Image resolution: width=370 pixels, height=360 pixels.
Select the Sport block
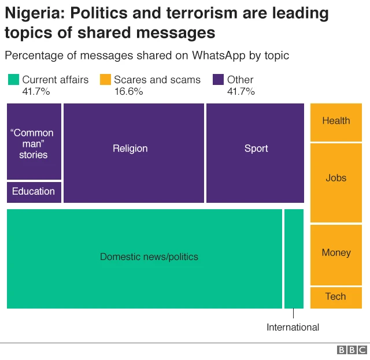coord(255,153)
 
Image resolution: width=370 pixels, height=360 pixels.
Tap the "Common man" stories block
coord(34,142)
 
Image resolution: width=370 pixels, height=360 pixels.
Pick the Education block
coord(34,192)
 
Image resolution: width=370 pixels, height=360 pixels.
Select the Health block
coord(336,121)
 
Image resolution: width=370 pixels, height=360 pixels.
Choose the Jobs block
coord(336,182)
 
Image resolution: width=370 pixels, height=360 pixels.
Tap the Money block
coord(336,254)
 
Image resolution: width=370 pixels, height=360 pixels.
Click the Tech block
coord(336,297)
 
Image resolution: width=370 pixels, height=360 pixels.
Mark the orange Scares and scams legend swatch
coord(105,80)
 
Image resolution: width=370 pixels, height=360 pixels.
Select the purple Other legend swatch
coord(219,80)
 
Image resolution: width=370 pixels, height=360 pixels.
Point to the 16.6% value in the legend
coord(128,92)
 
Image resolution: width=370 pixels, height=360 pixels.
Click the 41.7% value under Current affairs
coord(36,92)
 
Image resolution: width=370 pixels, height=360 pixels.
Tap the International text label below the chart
coord(293,328)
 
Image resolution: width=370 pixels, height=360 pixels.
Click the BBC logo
coord(351,350)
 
